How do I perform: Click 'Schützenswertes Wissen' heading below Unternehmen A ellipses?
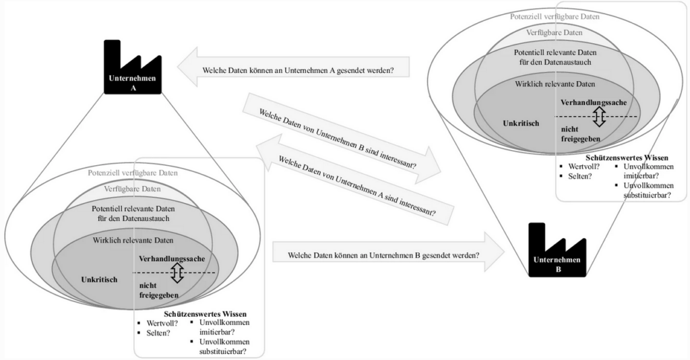206,313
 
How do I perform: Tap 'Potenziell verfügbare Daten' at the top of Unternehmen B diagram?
555,16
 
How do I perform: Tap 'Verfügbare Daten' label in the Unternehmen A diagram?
132,189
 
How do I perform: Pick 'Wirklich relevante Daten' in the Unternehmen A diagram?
133,240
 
